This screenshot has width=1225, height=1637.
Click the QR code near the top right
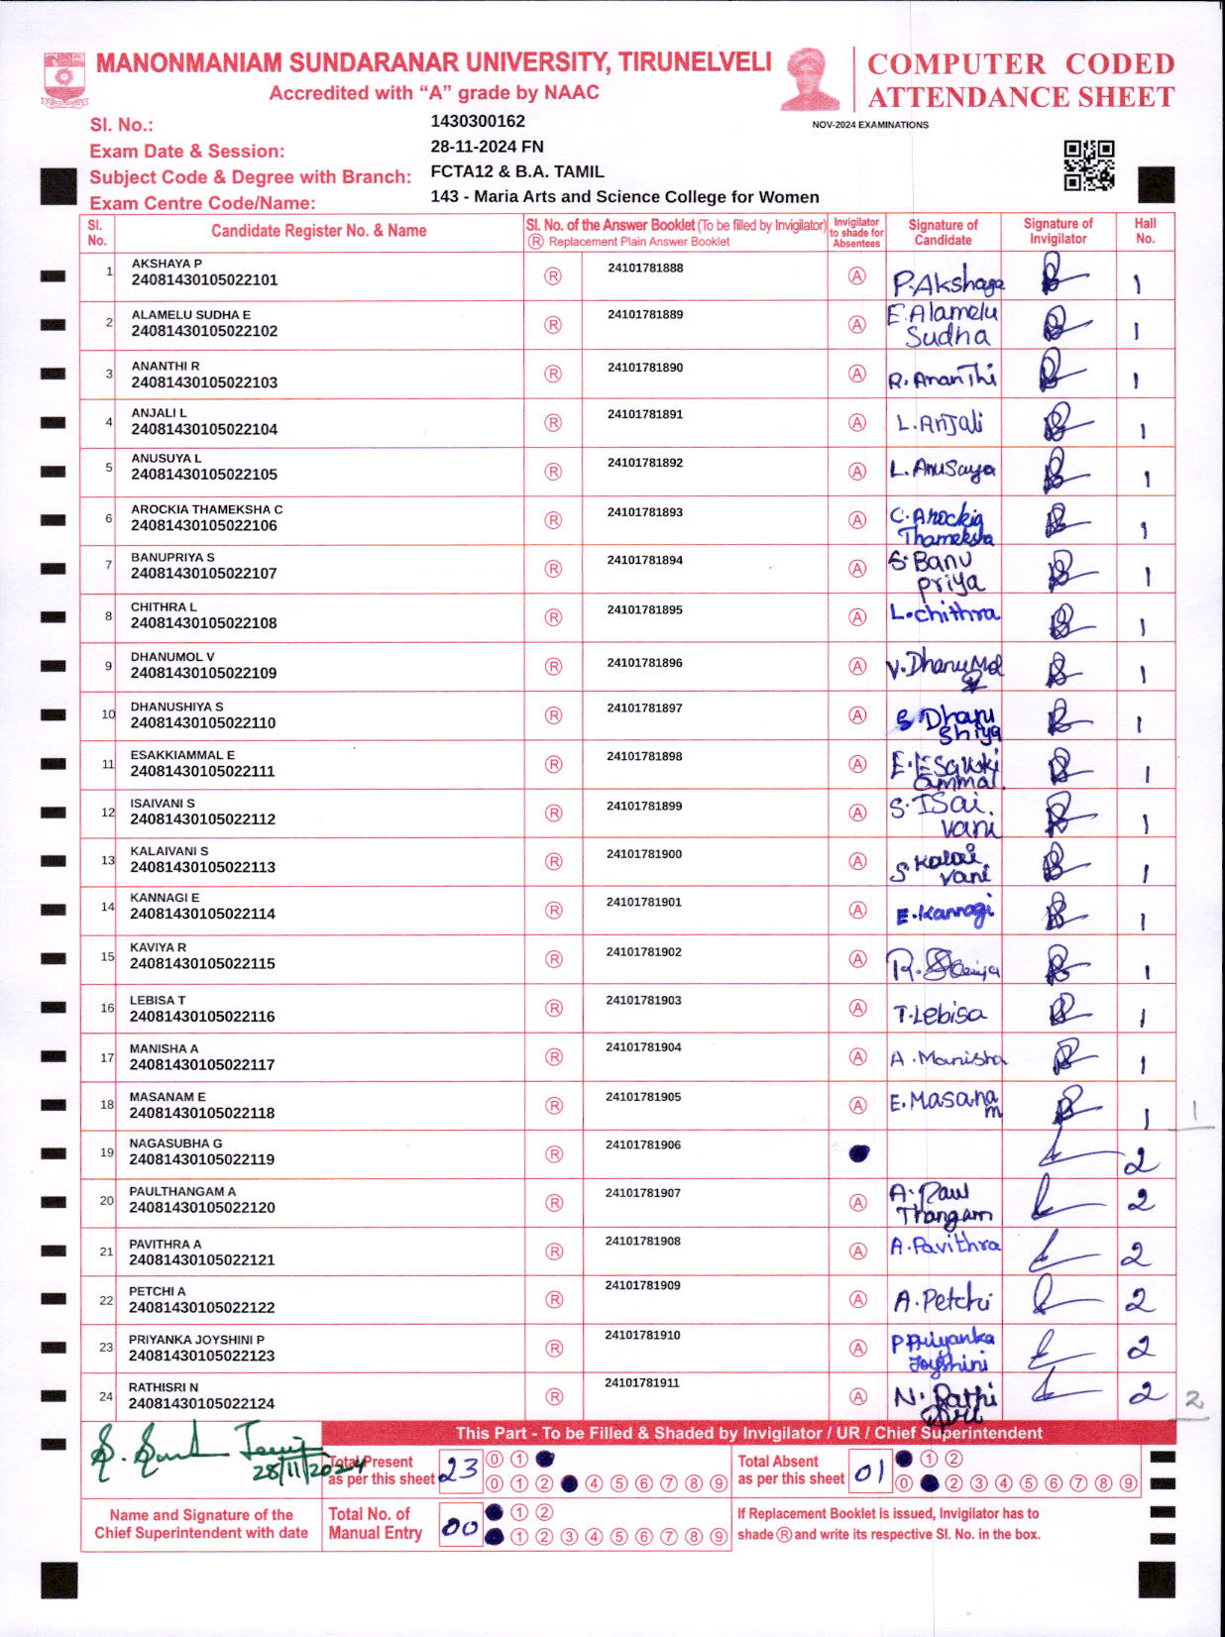tap(1088, 164)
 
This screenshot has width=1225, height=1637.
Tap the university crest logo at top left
tap(64, 80)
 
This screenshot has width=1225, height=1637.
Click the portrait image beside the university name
tap(811, 78)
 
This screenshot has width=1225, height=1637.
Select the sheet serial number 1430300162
tap(478, 122)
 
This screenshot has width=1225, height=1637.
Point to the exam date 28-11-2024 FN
tap(487, 147)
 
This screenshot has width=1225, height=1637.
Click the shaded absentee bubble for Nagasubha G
tap(859, 1153)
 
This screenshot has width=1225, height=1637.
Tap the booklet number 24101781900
tap(644, 854)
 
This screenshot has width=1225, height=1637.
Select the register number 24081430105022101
tap(204, 280)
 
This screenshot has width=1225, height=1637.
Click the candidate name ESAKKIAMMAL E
tap(182, 755)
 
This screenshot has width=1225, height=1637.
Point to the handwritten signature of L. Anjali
tap(940, 424)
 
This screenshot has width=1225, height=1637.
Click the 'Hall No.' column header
tap(1145, 231)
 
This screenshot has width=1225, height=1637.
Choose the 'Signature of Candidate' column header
tap(943, 232)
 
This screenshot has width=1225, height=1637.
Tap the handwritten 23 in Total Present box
tap(459, 1470)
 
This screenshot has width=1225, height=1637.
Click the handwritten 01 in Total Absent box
tap(869, 1473)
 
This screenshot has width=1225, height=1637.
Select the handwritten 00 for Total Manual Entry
tap(460, 1527)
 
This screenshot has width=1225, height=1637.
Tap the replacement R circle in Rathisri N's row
tap(554, 1396)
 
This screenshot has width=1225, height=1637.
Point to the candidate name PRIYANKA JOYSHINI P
tap(196, 1340)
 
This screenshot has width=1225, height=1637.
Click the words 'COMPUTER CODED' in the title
tap(1021, 64)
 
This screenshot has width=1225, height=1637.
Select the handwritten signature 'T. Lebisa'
tap(940, 1014)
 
